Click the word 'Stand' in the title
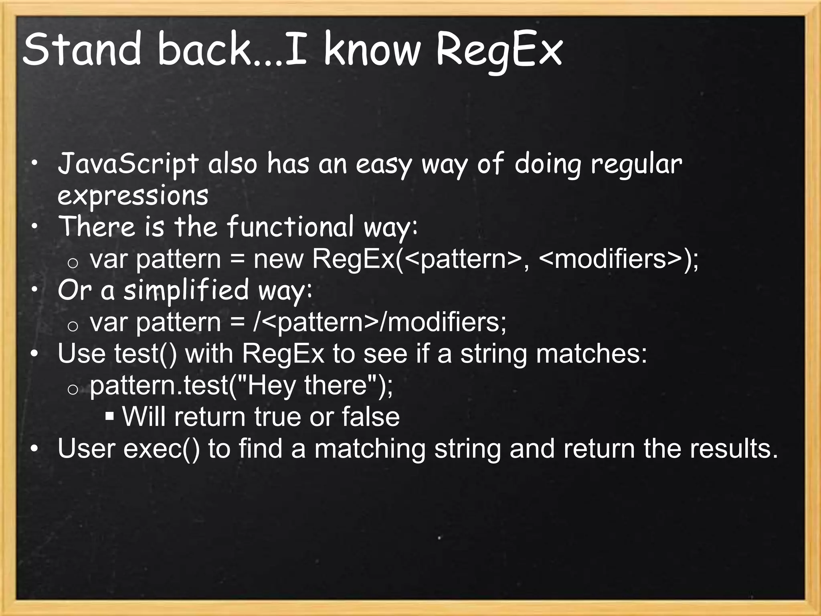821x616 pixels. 82,50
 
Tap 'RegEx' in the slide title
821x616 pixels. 499,51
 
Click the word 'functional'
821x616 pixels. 291,227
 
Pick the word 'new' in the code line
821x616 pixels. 278,259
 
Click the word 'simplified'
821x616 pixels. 186,290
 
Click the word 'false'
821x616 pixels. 370,417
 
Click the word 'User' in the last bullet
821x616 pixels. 87,448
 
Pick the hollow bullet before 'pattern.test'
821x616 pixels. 73,389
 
